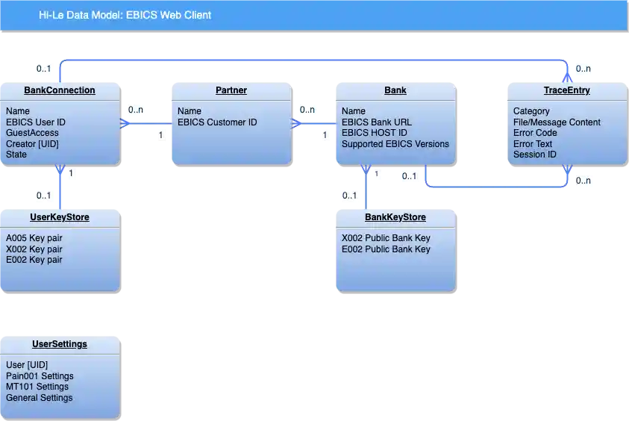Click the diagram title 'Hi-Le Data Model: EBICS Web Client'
pyautogui.click(x=125, y=15)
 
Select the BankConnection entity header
pyautogui.click(x=60, y=90)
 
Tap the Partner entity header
pyautogui.click(x=231, y=90)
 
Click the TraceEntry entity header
pyautogui.click(x=566, y=90)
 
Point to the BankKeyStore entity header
pyautogui.click(x=395, y=217)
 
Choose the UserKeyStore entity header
pyautogui.click(x=60, y=217)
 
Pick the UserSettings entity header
pyautogui.click(x=60, y=344)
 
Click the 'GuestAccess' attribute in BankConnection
pyautogui.click(x=32, y=133)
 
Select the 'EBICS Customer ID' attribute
pyautogui.click(x=217, y=122)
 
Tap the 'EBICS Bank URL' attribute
pyautogui.click(x=377, y=122)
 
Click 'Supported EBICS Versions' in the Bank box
pyautogui.click(x=395, y=144)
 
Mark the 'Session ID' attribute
pyautogui.click(x=535, y=155)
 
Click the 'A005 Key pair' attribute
pyautogui.click(x=34, y=239)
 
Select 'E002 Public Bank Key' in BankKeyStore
pyautogui.click(x=386, y=249)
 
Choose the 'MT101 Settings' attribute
pyautogui.click(x=37, y=387)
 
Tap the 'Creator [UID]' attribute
pyautogui.click(x=32, y=144)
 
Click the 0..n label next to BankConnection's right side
pyautogui.click(x=136, y=110)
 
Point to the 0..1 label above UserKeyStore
pyautogui.click(x=44, y=196)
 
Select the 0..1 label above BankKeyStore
pyautogui.click(x=349, y=196)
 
